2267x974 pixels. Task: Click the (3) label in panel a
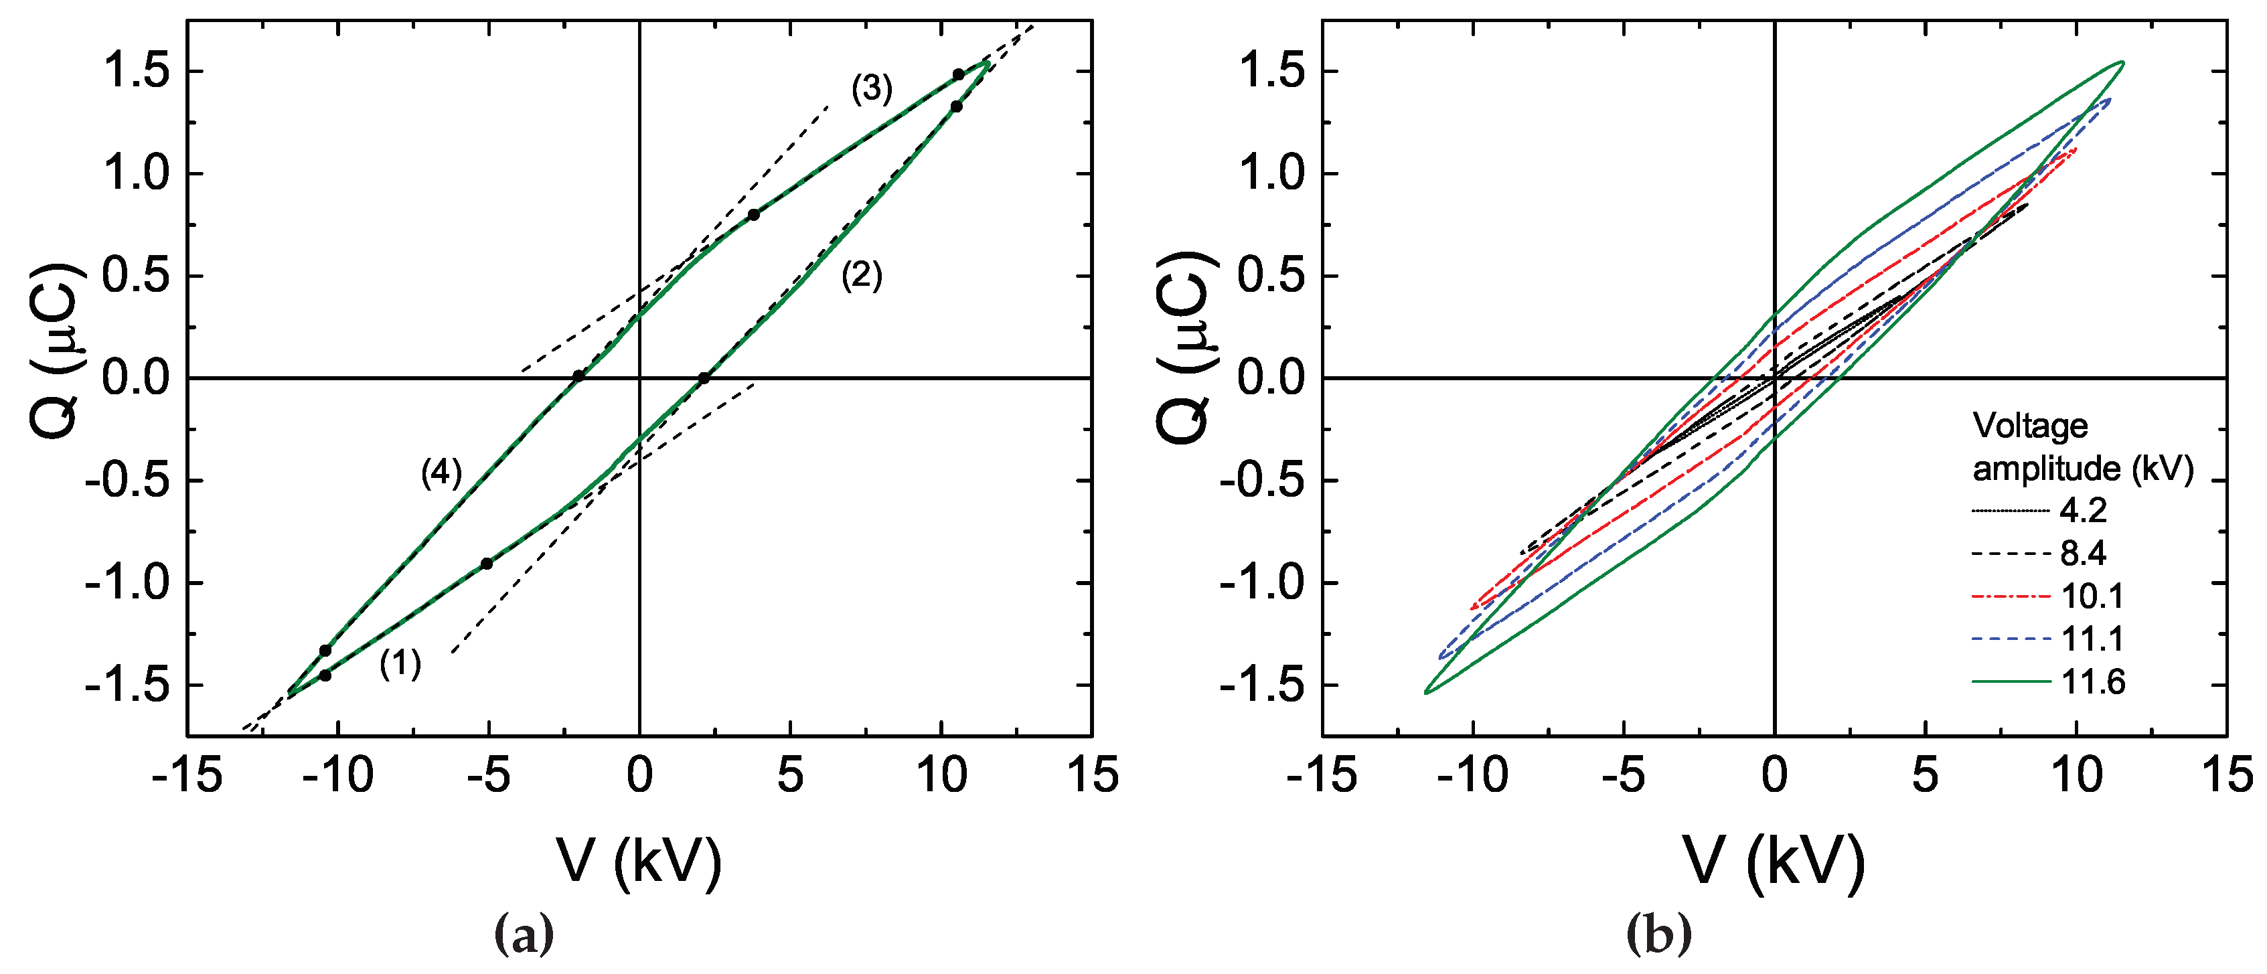point(871,90)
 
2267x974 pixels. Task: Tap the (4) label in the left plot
point(441,473)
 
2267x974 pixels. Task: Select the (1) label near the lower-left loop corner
point(400,663)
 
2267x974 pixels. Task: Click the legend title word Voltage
point(2030,426)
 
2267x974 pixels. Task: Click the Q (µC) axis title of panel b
point(1181,347)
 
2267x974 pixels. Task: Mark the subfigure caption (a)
point(526,935)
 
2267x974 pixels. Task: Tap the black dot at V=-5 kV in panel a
point(487,563)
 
